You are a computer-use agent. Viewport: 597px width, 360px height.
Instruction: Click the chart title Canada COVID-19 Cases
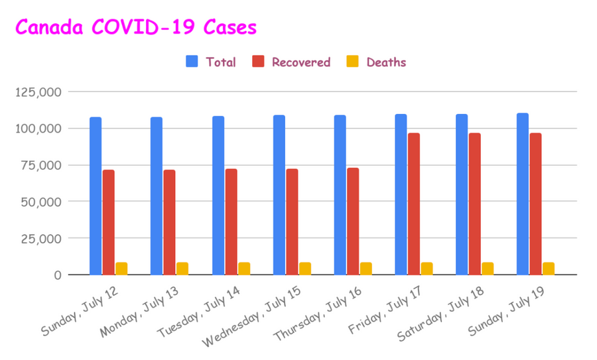(136, 27)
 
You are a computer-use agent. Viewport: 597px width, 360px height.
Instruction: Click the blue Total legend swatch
(192, 61)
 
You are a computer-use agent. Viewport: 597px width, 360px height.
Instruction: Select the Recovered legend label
(300, 62)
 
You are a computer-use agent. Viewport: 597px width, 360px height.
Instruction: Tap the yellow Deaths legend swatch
(353, 61)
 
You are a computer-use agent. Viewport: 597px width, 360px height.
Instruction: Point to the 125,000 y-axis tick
(38, 92)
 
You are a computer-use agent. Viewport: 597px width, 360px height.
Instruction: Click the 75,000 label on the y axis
(41, 165)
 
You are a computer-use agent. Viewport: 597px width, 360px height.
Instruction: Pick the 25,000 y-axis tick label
(41, 239)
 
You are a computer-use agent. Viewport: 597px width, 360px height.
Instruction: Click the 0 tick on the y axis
(58, 274)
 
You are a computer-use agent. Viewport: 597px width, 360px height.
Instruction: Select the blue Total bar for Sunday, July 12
(96, 196)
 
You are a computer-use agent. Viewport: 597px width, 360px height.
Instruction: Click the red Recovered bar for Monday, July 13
(169, 222)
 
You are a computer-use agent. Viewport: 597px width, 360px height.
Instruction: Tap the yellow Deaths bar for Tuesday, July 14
(244, 269)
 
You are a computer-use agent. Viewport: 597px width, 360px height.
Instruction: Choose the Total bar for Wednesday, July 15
(279, 195)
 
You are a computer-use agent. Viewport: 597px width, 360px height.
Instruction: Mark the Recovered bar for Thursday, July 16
(353, 221)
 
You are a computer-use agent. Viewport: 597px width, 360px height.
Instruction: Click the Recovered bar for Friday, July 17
(414, 204)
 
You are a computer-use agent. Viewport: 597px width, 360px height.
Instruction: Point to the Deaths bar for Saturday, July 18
(488, 269)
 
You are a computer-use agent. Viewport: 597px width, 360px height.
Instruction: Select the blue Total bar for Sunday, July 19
(523, 194)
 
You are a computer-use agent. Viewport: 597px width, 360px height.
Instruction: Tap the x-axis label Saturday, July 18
(440, 314)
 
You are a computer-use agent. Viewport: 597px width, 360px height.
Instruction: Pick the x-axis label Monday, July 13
(139, 312)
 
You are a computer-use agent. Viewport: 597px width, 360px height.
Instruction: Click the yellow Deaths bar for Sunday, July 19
(549, 269)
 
